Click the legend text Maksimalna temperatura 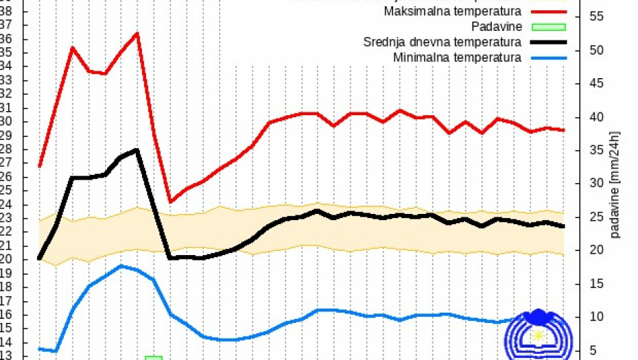[x=452, y=12]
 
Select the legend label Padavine [x=497, y=27]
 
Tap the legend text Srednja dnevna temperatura [x=442, y=42]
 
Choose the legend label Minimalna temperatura [x=457, y=57]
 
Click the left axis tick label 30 [x=6, y=122]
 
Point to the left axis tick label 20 [x=6, y=259]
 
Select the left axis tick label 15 [x=6, y=328]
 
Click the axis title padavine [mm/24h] [x=615, y=185]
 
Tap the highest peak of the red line [x=137, y=33]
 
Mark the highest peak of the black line [x=137, y=149]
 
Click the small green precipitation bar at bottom [x=154, y=357]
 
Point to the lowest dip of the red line [x=170, y=202]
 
